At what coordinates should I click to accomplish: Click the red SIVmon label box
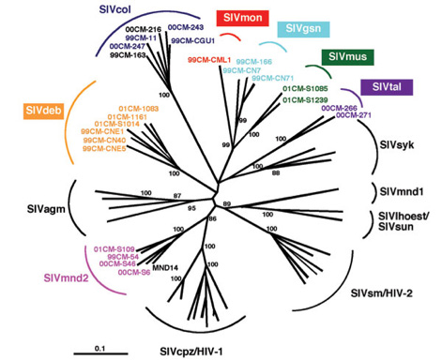(239, 19)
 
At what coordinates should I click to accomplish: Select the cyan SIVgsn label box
(301, 30)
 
